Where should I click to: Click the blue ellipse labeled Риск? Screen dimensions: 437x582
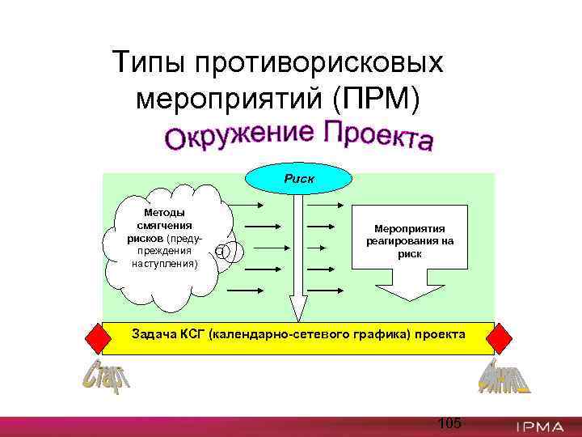coord(300,178)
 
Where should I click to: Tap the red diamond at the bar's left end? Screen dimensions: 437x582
coord(96,337)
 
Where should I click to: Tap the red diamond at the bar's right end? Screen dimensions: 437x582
coord(500,337)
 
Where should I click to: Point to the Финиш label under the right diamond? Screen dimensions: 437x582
coord(504,376)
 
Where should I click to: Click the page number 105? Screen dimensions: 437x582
coord(449,422)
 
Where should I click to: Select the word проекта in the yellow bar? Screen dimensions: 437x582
coord(441,333)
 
